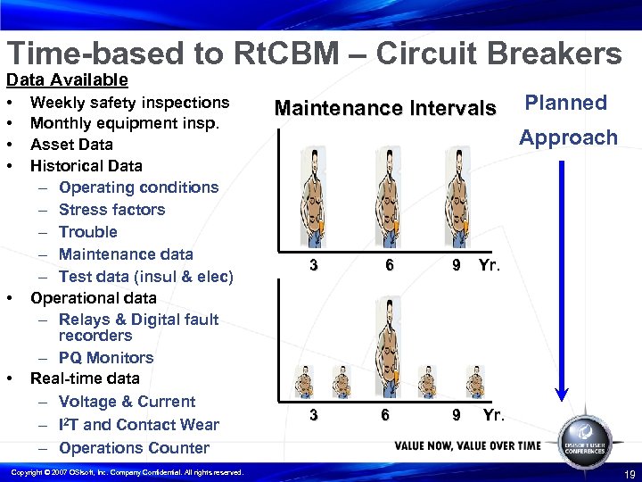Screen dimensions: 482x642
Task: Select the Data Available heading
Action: tap(68, 80)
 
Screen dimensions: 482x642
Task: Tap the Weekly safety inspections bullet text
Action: tap(129, 103)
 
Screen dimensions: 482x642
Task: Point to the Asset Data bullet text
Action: tap(71, 145)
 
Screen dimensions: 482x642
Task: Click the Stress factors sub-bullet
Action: tap(111, 210)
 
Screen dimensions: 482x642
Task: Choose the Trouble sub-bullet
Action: tap(87, 232)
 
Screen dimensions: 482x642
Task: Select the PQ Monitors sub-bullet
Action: tap(106, 358)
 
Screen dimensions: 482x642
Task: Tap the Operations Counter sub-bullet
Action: tap(134, 448)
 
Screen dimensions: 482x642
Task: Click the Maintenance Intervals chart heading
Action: tap(384, 109)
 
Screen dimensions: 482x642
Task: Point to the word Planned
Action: tap(565, 103)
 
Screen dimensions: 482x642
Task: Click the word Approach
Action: tap(568, 137)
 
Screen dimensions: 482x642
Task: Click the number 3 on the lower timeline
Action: tap(312, 415)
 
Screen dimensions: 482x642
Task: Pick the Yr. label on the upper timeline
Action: tap(490, 265)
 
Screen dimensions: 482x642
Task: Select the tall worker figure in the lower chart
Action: tap(386, 349)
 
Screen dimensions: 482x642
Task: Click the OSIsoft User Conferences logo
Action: tap(584, 436)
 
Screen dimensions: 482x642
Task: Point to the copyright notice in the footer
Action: tap(125, 472)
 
